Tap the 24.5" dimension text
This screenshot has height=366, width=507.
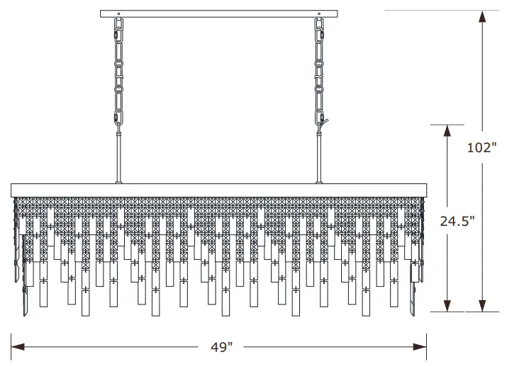(x=456, y=221)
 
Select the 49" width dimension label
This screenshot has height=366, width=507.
(x=221, y=347)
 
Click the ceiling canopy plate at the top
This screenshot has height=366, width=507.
(x=221, y=13)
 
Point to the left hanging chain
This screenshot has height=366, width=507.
(x=119, y=71)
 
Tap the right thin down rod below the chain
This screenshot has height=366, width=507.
(x=318, y=156)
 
